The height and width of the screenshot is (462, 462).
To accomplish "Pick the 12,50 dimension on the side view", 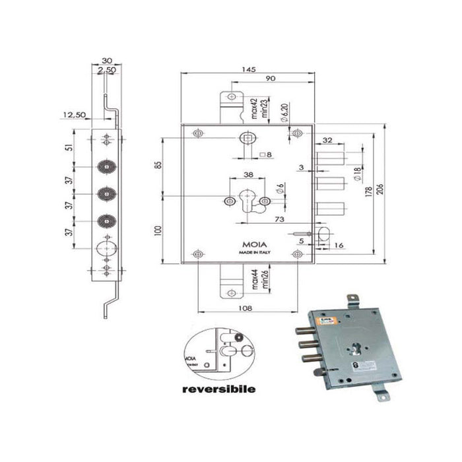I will tap(74, 115).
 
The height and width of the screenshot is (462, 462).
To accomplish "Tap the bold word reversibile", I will tap(218, 389).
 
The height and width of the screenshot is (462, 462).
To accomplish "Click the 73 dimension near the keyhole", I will tap(280, 218).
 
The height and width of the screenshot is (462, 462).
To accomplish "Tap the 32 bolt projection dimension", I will tap(328, 140).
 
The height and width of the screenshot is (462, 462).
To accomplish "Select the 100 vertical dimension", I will tap(157, 231).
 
